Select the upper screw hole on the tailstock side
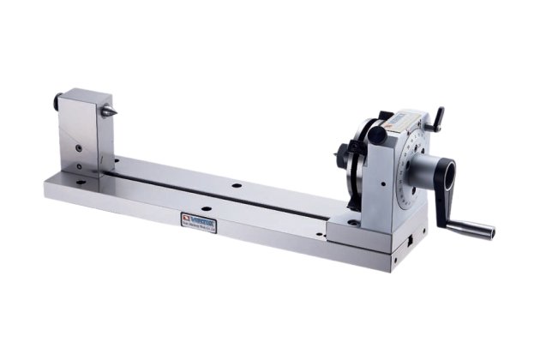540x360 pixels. [78, 147]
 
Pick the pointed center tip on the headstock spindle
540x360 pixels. [337, 157]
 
